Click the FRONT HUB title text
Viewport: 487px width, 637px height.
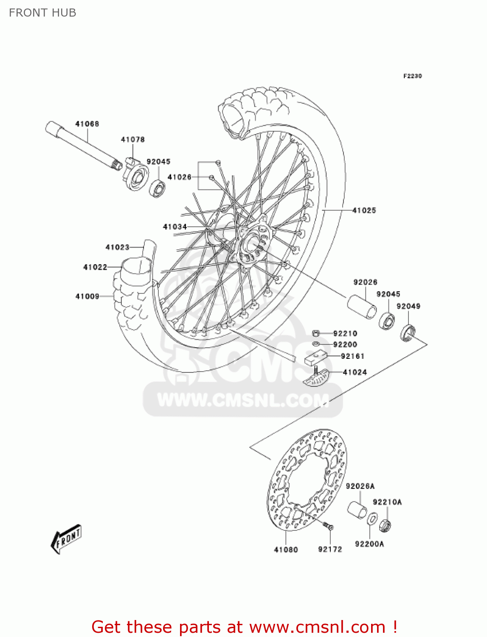click(x=42, y=13)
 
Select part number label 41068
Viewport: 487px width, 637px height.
click(x=87, y=124)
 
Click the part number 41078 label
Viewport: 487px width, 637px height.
click(x=132, y=139)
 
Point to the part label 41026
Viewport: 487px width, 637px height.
click(x=180, y=177)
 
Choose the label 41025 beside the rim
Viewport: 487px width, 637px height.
click(x=364, y=210)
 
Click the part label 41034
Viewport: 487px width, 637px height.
click(x=175, y=227)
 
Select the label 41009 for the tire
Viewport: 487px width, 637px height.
click(x=87, y=296)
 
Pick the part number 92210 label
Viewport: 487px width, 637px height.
click(x=345, y=333)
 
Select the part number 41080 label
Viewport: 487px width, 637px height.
click(x=286, y=550)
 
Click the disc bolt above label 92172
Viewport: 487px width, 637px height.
click(x=328, y=527)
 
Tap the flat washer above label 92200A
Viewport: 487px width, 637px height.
click(x=372, y=519)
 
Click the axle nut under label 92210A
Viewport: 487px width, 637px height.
click(x=385, y=525)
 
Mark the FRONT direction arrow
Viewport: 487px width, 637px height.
click(x=66, y=539)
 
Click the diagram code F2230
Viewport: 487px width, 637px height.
click(x=412, y=76)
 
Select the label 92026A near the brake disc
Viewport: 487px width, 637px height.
click(x=360, y=486)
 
